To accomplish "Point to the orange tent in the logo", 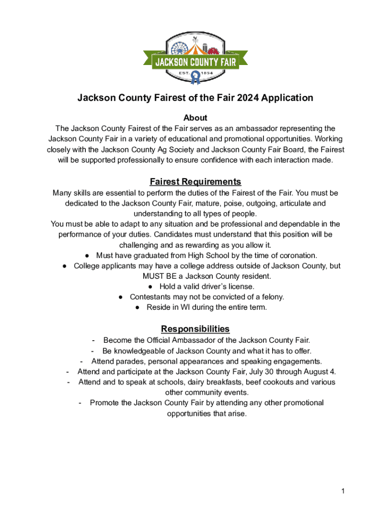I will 194,49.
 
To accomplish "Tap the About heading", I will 195,118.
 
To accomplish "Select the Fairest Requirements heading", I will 195,182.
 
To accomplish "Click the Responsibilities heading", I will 195,329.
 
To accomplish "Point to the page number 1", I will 343,491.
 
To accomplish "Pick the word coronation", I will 297,255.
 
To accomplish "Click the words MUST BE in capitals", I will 158,276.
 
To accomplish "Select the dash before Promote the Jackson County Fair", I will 81,403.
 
